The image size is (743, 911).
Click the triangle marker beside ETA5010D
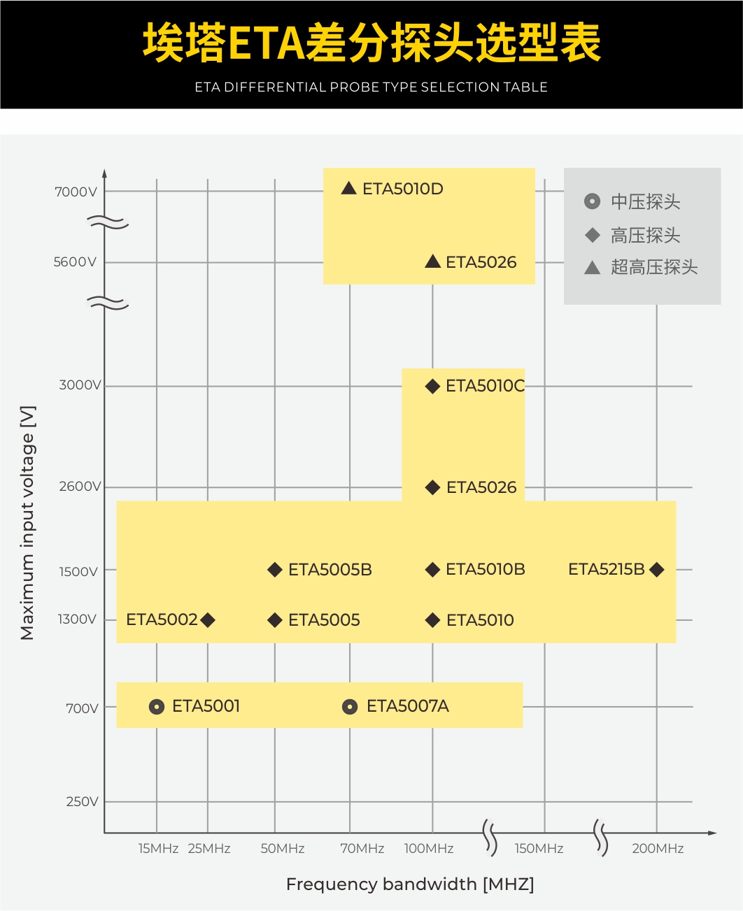(348, 188)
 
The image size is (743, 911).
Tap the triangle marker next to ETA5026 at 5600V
(432, 261)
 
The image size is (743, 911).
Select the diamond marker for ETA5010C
(432, 386)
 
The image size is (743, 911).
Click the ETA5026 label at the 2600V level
(481, 487)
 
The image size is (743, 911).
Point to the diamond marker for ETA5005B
(275, 570)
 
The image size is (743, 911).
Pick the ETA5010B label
(485, 570)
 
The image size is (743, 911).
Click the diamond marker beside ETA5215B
(656, 570)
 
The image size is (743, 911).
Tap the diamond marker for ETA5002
(208, 620)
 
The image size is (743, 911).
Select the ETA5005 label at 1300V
(324, 620)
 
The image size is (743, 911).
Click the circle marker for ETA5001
(157, 707)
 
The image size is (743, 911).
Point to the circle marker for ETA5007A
(350, 707)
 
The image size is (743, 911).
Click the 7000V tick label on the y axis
(76, 192)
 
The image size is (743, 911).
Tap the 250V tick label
(82, 802)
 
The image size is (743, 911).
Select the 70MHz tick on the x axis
(362, 849)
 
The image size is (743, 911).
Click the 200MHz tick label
(658, 849)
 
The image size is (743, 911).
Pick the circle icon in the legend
(592, 201)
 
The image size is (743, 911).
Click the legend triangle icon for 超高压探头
(592, 267)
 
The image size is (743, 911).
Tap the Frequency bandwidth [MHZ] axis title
(410, 884)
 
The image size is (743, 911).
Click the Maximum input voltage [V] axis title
(27, 523)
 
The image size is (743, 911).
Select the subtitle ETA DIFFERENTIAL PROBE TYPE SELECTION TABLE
(371, 87)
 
